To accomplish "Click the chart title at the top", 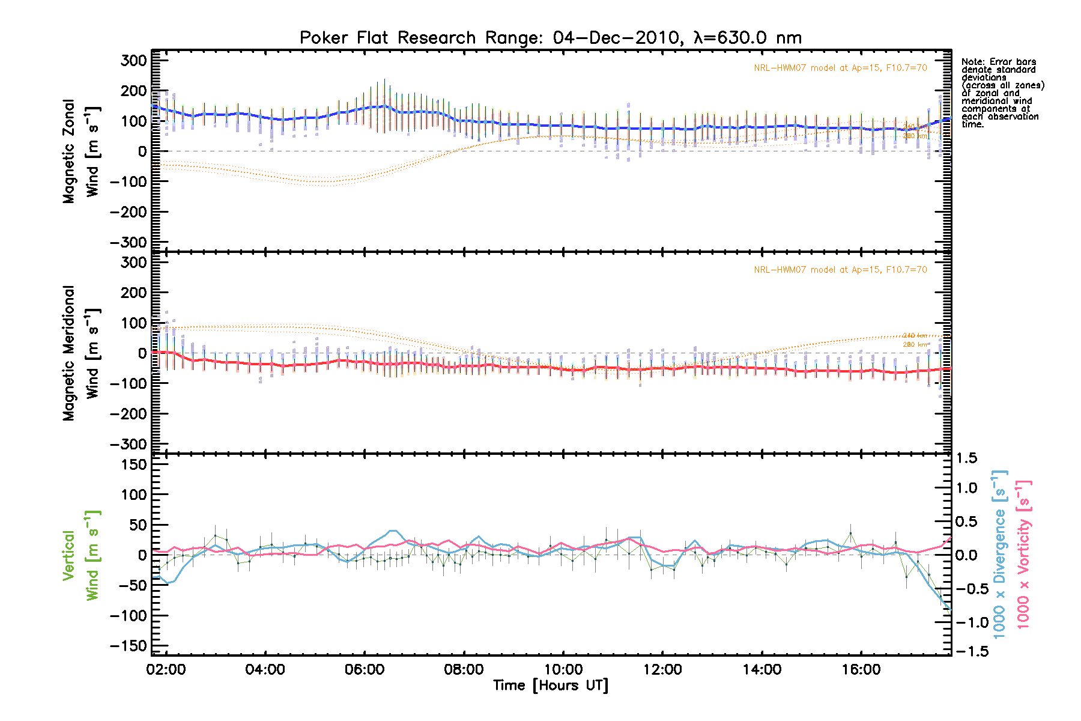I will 550,38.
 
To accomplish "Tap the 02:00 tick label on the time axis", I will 166,669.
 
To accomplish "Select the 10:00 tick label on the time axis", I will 563,669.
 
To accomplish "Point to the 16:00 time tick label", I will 861,669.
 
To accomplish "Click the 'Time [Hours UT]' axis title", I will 550,686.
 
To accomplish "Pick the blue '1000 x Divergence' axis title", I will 1000,554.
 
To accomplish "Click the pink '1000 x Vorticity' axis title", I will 1023,554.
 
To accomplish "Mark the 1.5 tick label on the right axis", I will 967,458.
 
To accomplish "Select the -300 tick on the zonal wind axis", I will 129,242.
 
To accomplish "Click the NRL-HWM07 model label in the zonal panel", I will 840,68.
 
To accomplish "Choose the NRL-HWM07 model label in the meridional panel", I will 840,270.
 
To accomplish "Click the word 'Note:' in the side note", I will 974,62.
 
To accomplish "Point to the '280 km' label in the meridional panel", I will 915,344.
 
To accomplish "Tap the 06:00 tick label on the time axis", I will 365,669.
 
